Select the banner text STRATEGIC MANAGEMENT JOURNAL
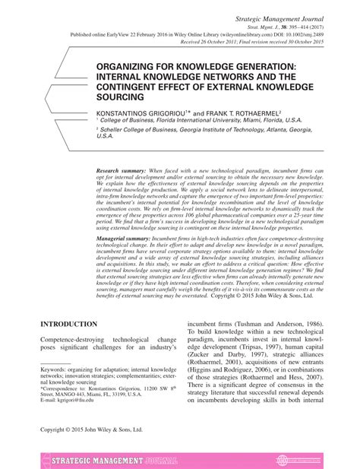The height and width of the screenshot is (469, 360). point(112,460)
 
